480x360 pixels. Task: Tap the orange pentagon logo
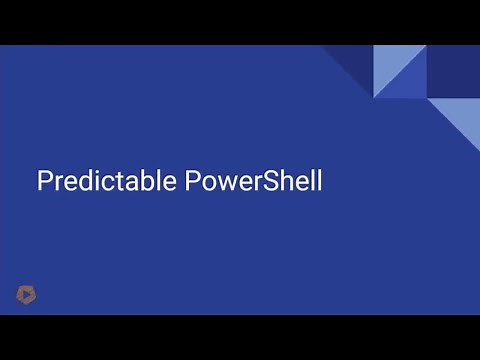point(25,293)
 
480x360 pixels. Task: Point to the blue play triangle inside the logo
point(25,294)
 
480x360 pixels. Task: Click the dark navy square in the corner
point(453,71)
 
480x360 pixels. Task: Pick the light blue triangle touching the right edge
point(461,119)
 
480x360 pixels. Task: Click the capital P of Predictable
point(44,182)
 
